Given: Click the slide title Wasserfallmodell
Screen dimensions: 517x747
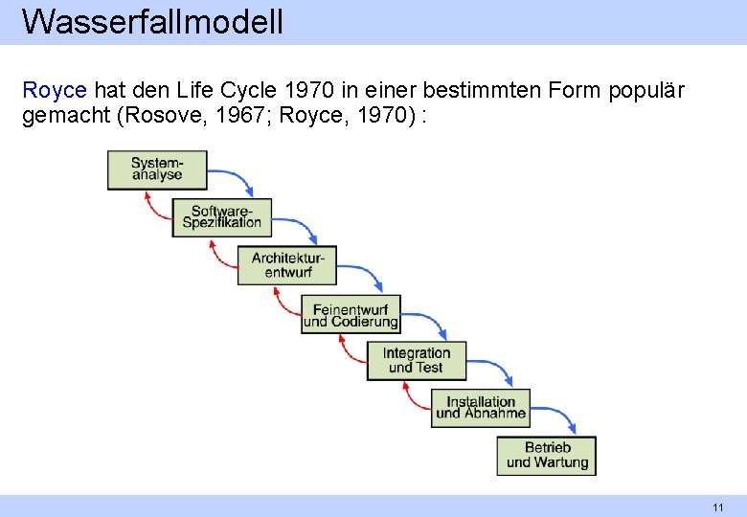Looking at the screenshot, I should [152, 21].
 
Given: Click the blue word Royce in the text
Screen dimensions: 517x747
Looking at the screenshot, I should [55, 91].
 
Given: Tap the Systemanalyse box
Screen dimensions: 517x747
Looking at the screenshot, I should [156, 169].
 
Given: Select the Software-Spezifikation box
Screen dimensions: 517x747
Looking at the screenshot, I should [222, 217].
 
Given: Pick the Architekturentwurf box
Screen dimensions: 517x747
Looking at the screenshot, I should [287, 265].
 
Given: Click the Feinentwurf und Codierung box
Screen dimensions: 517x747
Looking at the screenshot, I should [351, 314].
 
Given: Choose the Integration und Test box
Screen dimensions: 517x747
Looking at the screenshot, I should [416, 361].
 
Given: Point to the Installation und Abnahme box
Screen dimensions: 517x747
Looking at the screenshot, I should [481, 408].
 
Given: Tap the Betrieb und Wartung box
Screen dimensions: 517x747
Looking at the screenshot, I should [546, 456].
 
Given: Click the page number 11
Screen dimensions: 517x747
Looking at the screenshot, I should [717, 506].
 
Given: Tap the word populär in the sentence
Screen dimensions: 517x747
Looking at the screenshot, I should [648, 91].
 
